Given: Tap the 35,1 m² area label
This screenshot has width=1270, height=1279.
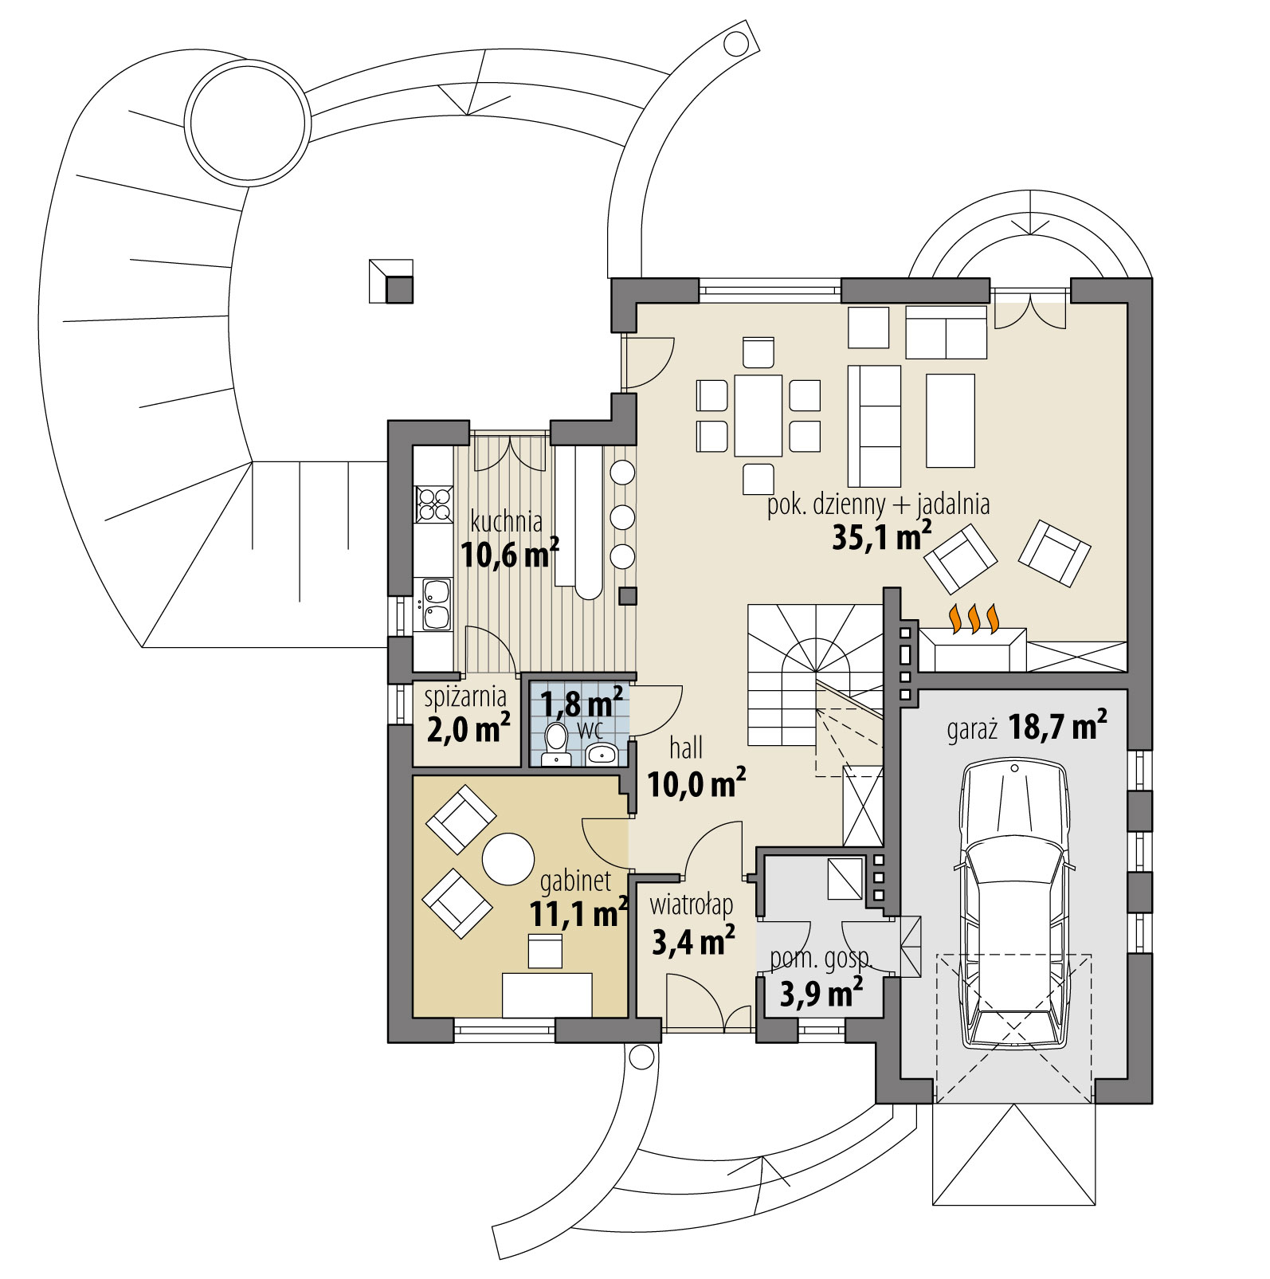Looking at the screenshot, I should pos(881,539).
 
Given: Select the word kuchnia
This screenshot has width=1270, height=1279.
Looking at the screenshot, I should pos(507,523).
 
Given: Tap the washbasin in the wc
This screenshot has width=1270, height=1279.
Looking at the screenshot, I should pos(603,753).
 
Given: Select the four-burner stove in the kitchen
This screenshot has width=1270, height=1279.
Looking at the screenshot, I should pos(433,504).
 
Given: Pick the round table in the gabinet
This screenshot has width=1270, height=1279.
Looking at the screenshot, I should pos(508,858).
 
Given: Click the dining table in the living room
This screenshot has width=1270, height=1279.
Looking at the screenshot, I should pos(758,415).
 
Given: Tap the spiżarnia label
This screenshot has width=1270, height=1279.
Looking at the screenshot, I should pos(465,697).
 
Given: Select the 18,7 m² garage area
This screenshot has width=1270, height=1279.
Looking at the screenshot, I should pos(1056,727).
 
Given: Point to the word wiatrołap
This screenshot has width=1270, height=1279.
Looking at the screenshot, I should pos(691,906).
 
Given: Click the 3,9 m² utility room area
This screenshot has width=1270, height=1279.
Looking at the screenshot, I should pos(821,994).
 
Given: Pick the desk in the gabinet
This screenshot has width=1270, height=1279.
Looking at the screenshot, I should pos(547,995).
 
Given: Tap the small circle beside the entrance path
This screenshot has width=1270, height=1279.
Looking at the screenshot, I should pos(640,1057).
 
